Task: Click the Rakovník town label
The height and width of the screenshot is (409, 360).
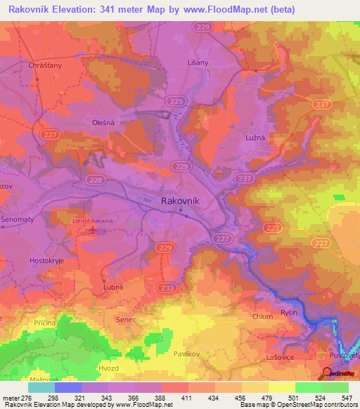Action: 181,200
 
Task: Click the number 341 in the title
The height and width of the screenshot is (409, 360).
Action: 129,9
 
